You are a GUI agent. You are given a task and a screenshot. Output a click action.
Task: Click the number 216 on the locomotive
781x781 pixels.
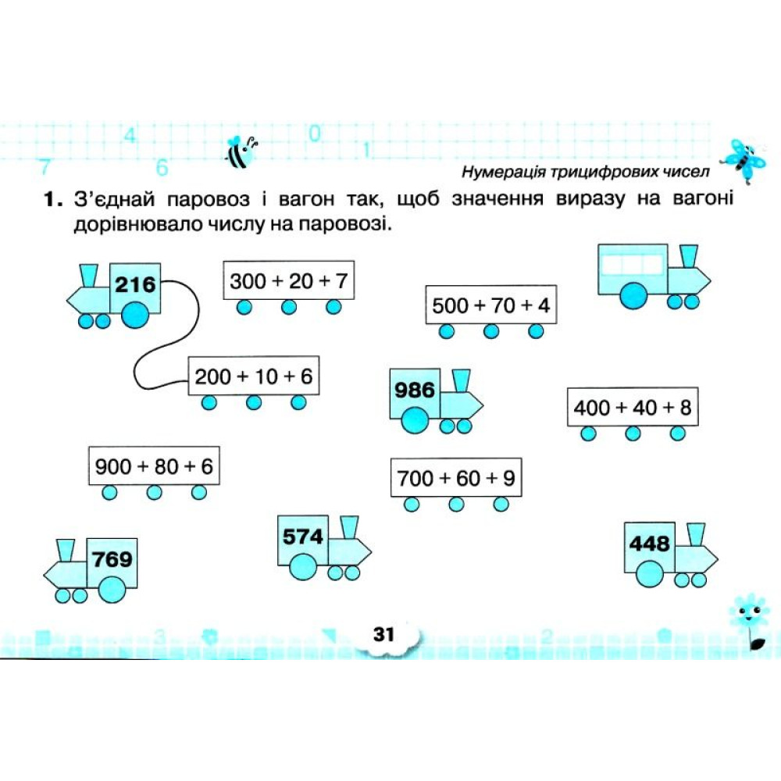coord(135,284)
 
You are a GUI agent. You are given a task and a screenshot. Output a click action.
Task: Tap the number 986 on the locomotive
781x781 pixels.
coord(415,390)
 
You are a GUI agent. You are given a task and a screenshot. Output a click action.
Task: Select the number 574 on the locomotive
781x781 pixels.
coord(303,537)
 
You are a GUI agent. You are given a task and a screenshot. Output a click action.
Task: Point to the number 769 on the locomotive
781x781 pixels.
coord(112,559)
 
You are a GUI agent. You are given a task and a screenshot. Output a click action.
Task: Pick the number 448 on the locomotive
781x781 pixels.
coord(649,543)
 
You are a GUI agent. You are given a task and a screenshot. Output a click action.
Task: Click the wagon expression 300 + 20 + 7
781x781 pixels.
coord(288,281)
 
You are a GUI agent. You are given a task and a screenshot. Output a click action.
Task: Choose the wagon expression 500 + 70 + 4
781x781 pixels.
coord(490,305)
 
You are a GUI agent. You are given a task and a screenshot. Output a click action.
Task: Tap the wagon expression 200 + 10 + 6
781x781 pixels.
coord(254,376)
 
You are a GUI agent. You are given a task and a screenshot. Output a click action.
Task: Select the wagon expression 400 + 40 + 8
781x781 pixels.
coord(633,408)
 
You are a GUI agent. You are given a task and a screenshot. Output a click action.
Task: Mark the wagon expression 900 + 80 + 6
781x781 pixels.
coord(154,467)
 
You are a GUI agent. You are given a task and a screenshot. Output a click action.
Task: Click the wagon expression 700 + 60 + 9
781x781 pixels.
coord(456,478)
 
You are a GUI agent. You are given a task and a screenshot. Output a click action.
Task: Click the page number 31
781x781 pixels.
coord(384,634)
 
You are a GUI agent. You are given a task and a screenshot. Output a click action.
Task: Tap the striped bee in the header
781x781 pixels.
coord(242,152)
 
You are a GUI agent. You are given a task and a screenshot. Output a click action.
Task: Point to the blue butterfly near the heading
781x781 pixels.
coord(744,161)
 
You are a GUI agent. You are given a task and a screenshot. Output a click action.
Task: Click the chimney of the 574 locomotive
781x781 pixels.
coord(350,527)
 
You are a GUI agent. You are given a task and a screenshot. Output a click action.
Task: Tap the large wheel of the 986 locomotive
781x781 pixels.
coord(415,420)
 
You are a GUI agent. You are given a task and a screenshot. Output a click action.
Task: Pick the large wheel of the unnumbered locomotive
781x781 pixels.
coord(633,296)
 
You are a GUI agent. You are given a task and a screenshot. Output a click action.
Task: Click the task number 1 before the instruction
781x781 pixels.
coord(54,200)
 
